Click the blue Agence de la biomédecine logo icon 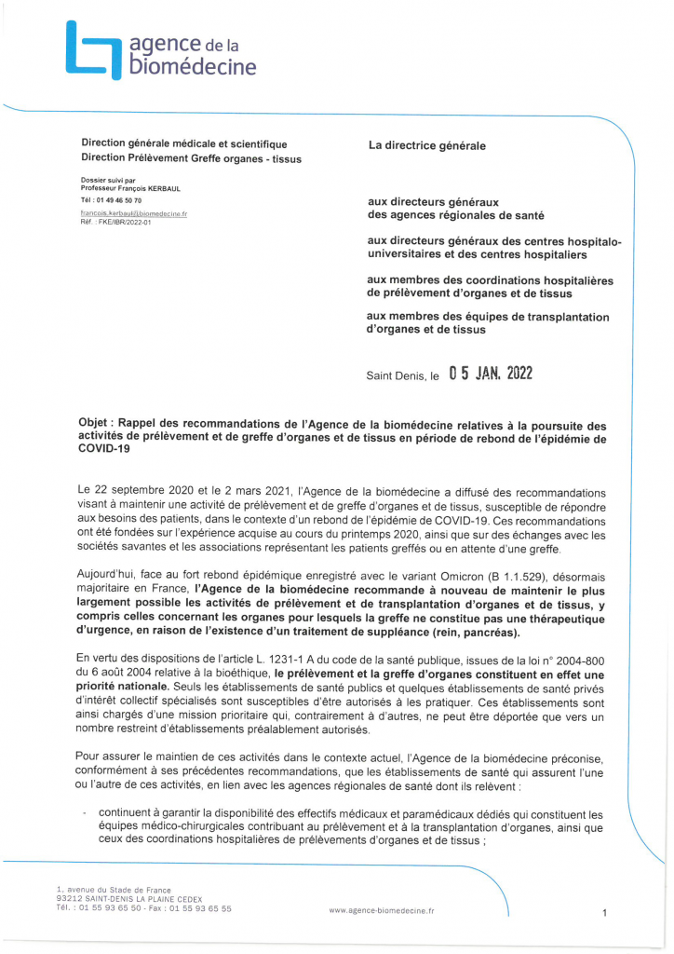92,50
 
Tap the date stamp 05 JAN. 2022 490,375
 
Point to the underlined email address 134,213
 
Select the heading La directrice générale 426,146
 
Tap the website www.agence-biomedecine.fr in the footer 382,910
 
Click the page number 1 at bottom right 605,914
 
